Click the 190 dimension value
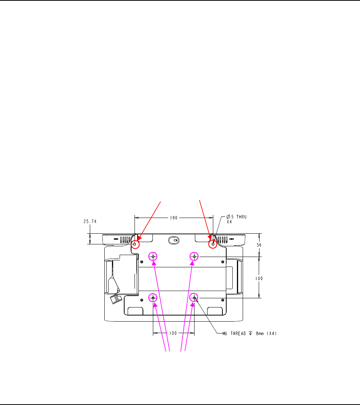tap(174, 218)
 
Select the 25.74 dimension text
tap(90, 221)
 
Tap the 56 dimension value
tap(259, 245)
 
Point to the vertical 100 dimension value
tap(259, 278)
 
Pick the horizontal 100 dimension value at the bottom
tap(173, 333)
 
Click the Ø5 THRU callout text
tap(237, 217)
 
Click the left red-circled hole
tap(135, 244)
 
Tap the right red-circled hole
tap(213, 244)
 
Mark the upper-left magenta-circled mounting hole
tap(153, 257)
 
